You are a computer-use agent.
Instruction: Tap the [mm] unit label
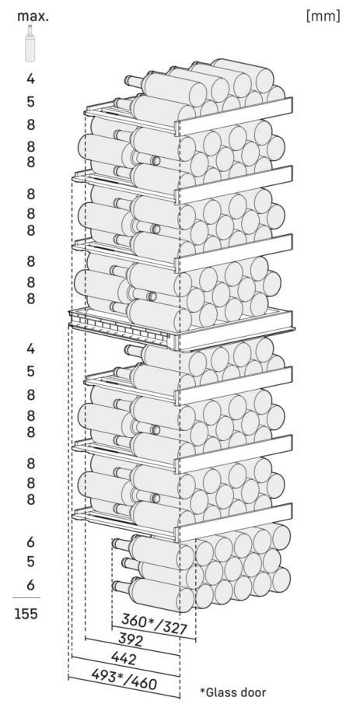(x=323, y=16)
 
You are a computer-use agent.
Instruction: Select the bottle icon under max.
(x=30, y=44)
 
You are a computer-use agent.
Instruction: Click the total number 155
(x=26, y=614)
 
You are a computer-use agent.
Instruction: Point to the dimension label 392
(x=131, y=639)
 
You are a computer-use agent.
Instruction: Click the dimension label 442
(x=124, y=658)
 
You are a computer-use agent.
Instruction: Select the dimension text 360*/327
(x=154, y=624)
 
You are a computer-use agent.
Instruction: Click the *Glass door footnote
(x=232, y=692)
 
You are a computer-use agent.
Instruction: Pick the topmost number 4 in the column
(x=30, y=79)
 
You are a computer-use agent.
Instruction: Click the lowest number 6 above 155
(x=30, y=585)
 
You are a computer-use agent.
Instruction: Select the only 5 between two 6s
(x=30, y=561)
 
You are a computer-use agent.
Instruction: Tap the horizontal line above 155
(x=26, y=597)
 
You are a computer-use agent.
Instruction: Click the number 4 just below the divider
(x=30, y=349)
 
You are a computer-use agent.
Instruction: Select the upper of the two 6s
(x=30, y=542)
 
